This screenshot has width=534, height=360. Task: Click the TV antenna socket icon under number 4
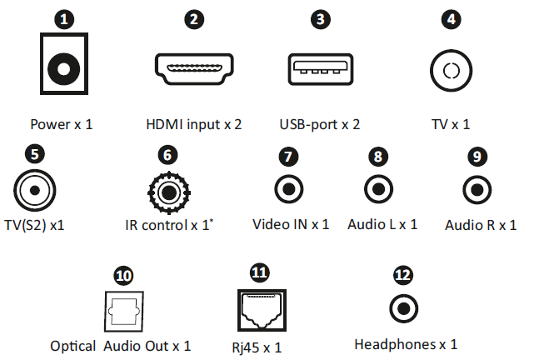pos(451,70)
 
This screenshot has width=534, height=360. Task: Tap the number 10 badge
pos(123,275)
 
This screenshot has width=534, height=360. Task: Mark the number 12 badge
pos(403,274)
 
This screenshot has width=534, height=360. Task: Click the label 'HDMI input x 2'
pos(193,125)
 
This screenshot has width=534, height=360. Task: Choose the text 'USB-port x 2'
pos(320,125)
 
